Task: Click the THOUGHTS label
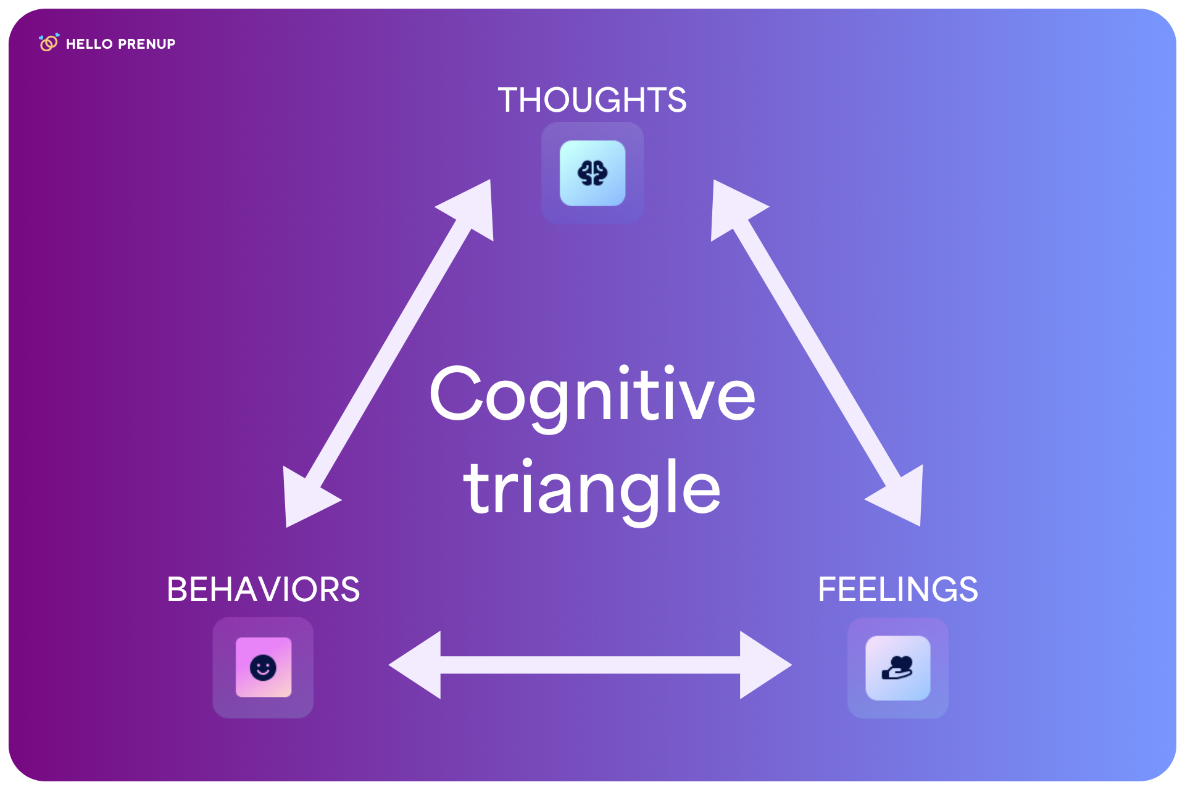(x=592, y=100)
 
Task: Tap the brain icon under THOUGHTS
(x=592, y=173)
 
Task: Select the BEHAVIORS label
(x=264, y=589)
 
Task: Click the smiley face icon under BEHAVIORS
(x=263, y=667)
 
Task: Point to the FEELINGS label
(x=898, y=589)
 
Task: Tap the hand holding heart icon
(x=898, y=668)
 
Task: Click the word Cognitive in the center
(x=592, y=395)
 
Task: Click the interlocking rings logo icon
(x=49, y=43)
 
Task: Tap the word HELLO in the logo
(x=89, y=44)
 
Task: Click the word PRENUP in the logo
(x=146, y=44)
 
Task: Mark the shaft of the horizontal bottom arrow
(x=591, y=665)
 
